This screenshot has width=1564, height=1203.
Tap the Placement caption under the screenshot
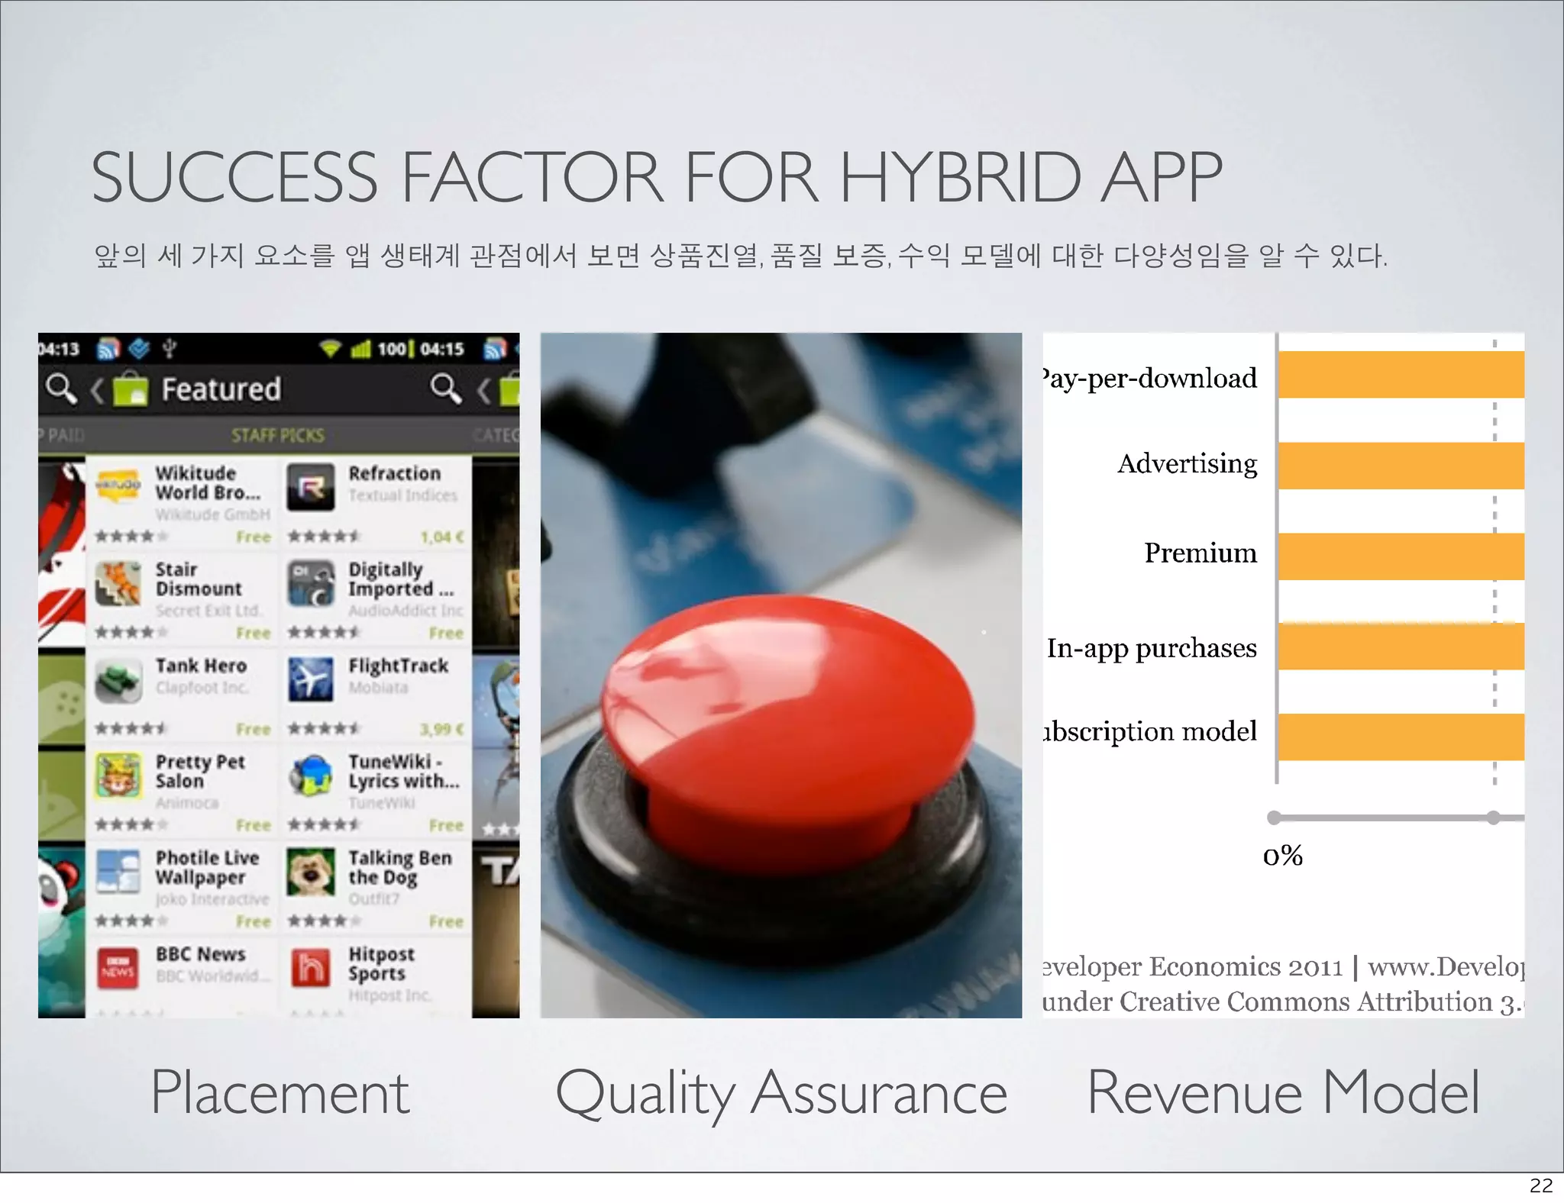click(280, 1092)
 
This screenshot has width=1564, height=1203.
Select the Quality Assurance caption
click(781, 1092)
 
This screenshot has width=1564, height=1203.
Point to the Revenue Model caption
click(1283, 1092)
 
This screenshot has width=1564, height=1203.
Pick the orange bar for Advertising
click(1401, 466)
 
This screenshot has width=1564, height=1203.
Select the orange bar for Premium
click(1401, 556)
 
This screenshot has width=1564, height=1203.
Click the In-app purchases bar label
click(1152, 648)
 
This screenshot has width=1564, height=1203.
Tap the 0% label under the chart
click(1283, 856)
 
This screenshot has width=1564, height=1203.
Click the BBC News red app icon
click(118, 968)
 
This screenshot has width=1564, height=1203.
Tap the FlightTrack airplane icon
click(311, 679)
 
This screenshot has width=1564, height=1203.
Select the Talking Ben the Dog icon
click(311, 872)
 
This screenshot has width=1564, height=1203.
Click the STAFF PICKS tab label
click(278, 436)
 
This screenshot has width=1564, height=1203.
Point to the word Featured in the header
click(221, 389)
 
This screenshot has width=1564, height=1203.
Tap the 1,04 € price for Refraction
click(441, 537)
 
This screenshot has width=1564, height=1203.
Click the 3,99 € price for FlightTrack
click(441, 729)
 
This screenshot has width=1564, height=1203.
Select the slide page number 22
click(1541, 1185)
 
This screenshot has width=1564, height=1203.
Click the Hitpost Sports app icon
click(311, 968)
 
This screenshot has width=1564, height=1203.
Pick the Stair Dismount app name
click(199, 579)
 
